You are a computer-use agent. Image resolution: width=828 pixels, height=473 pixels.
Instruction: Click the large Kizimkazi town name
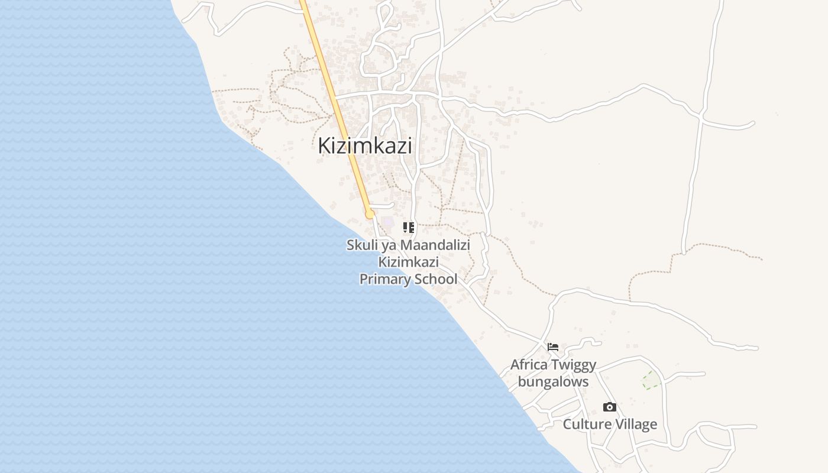pos(365,145)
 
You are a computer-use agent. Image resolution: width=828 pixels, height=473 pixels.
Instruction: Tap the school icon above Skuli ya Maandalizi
pos(409,227)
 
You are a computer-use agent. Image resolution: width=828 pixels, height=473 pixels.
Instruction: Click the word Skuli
pos(360,245)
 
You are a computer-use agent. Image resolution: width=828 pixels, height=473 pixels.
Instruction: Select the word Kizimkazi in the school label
pos(409,262)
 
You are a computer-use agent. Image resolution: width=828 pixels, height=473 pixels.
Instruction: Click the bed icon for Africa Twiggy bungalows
pos(553,347)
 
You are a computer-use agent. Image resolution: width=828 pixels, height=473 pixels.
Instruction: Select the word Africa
pos(529,365)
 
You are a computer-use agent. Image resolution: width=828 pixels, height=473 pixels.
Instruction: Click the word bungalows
pos(553,382)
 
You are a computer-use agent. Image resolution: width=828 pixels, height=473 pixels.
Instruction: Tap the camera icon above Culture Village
pos(610,407)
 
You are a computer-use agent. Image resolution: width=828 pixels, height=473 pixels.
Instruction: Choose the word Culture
pos(586,425)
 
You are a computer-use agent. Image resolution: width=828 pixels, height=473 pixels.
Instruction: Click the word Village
pos(635,425)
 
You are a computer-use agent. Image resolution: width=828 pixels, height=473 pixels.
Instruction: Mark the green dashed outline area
pos(652,381)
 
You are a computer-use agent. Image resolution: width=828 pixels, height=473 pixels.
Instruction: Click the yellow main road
pos(334,101)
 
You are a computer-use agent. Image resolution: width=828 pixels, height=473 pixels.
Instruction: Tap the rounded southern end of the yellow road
pos(370,213)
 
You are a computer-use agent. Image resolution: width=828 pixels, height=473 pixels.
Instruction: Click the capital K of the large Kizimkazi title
pos(325,145)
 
